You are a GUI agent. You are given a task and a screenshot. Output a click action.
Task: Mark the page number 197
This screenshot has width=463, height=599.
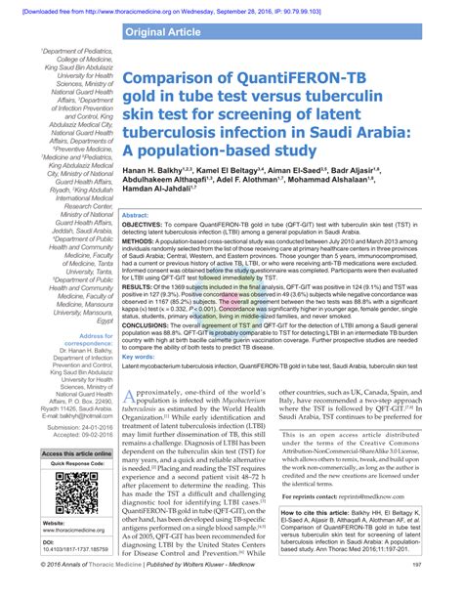(x=442, y=590)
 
